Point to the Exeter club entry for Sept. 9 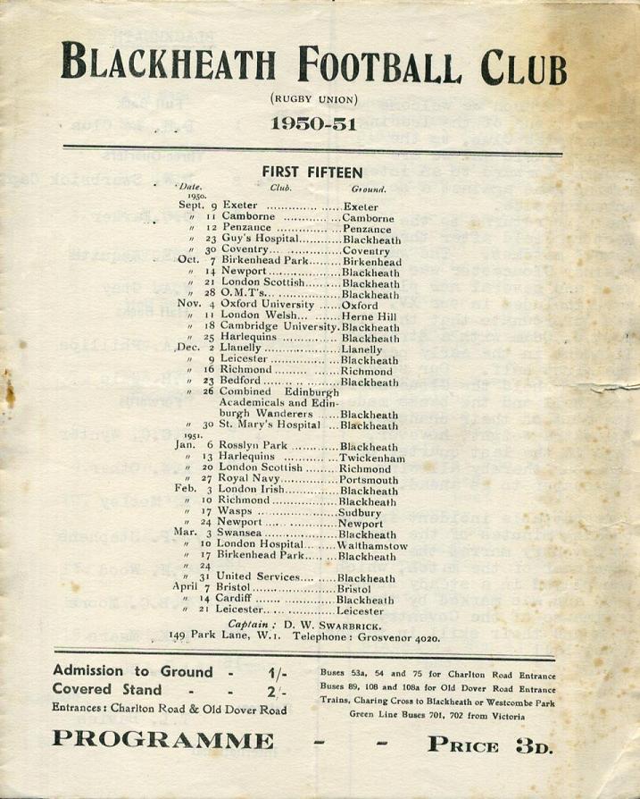[240, 206]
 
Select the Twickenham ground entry [372, 458]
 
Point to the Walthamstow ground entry [372, 545]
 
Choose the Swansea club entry [241, 534]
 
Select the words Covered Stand [108, 690]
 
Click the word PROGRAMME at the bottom [163, 740]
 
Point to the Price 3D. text [490, 742]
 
